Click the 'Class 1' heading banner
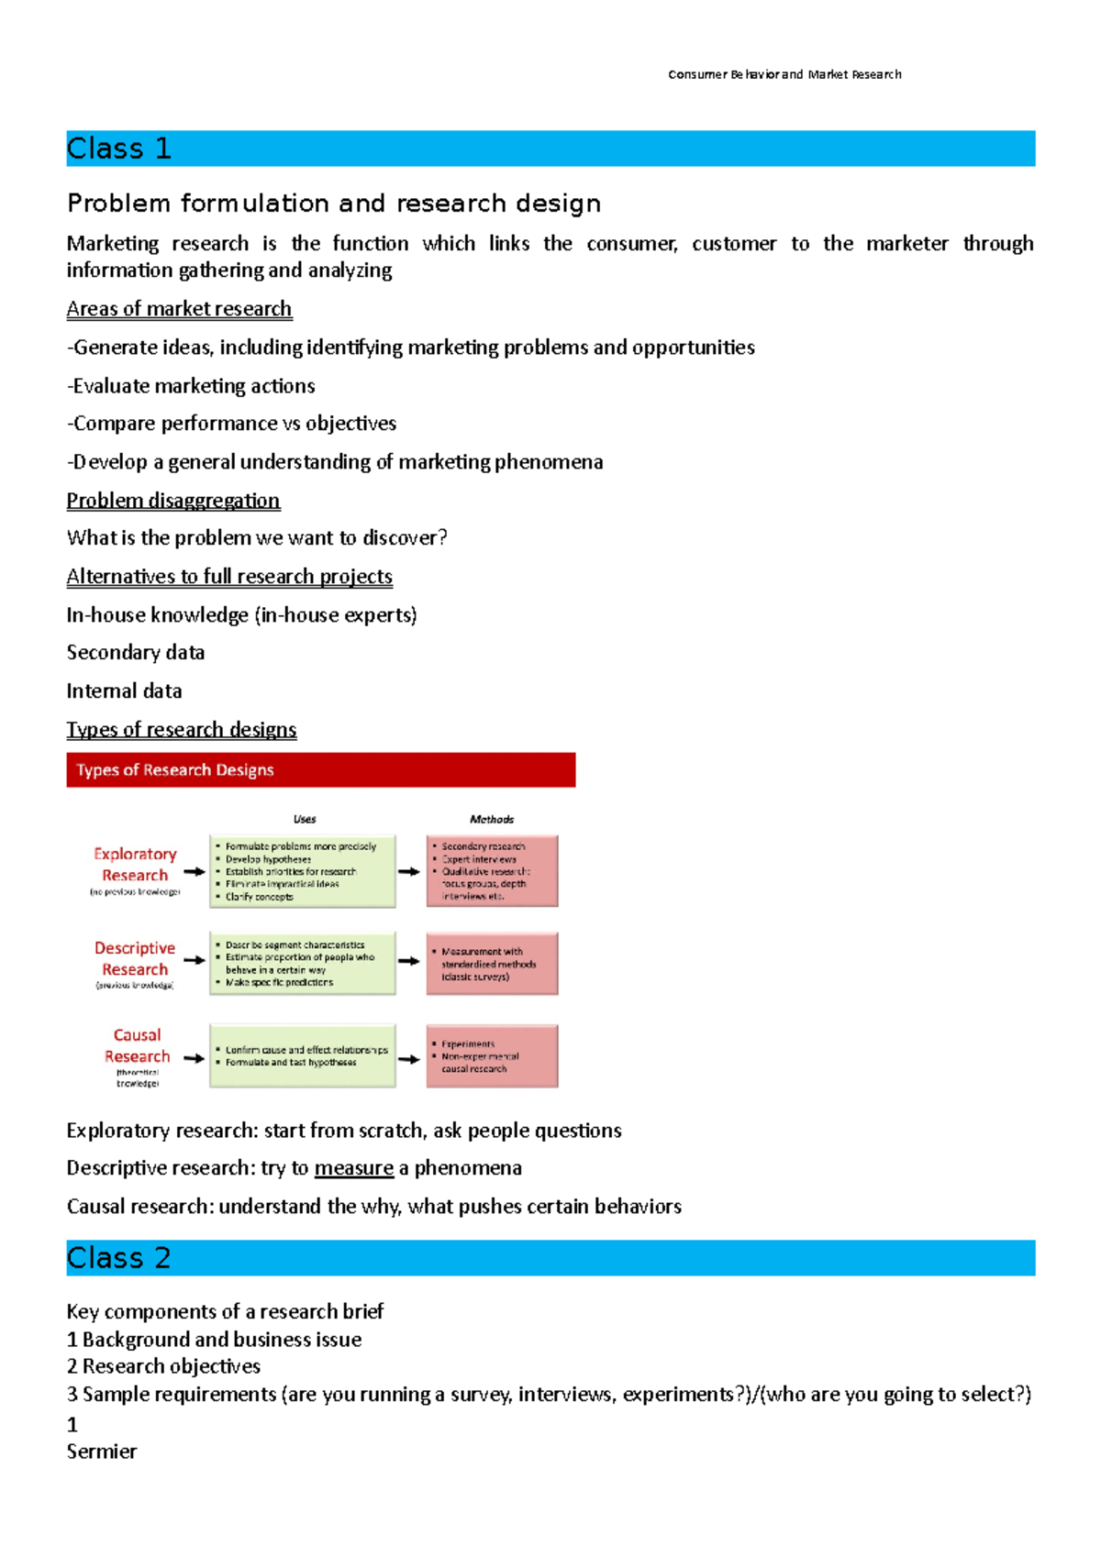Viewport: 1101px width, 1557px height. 550,149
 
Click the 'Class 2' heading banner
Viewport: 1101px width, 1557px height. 550,1258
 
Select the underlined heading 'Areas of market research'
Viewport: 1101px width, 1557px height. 179,309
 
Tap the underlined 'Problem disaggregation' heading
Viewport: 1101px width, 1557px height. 173,501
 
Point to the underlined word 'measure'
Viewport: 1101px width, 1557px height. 353,1168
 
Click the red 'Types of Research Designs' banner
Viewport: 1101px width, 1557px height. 320,770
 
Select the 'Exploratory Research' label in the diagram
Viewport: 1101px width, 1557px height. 135,865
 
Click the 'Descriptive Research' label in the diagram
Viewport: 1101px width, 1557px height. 135,959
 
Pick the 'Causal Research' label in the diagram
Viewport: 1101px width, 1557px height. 137,1046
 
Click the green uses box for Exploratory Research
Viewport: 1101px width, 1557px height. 303,871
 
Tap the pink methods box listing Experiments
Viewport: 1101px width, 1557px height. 492,1056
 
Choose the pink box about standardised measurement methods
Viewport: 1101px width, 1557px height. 492,964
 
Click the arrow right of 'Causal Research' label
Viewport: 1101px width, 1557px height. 194,1058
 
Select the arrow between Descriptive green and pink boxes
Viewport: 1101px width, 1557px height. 409,962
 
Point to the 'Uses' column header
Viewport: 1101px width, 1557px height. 305,820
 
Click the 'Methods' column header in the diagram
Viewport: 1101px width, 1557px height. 492,820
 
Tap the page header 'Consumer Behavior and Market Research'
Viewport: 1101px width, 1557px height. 784,74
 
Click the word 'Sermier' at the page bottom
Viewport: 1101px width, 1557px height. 102,1452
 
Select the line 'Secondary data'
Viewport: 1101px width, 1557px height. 136,653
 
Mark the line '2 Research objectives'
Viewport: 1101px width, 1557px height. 163,1366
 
